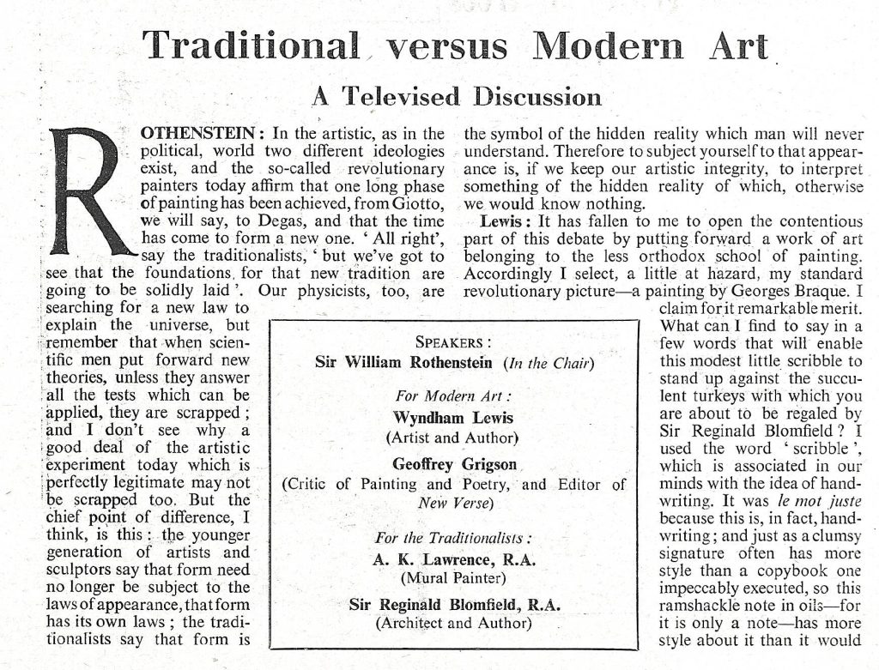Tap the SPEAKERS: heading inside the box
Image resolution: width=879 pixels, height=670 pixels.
(x=454, y=341)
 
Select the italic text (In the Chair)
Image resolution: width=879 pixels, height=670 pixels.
(x=549, y=362)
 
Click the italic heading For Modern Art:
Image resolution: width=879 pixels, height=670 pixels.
(x=454, y=396)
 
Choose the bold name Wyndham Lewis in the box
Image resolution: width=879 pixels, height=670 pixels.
(x=454, y=418)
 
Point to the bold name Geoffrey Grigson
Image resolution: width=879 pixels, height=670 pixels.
(x=454, y=463)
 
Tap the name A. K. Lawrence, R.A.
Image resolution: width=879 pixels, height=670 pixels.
(x=454, y=559)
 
